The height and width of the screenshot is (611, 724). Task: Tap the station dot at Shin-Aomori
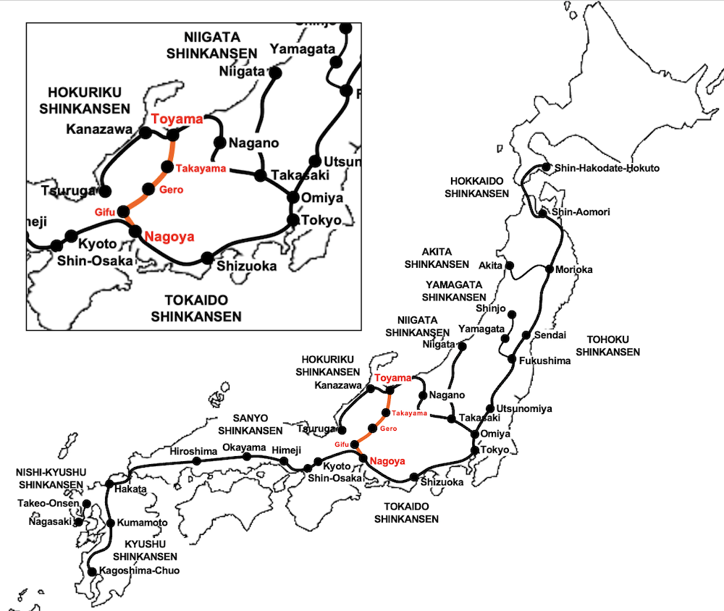click(542, 213)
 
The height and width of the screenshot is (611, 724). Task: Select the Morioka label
click(574, 269)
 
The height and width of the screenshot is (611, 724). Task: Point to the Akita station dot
click(510, 266)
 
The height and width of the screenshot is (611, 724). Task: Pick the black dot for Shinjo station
click(512, 314)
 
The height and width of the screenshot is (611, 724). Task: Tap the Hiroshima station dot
click(196, 461)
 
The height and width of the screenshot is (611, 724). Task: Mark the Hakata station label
click(130, 489)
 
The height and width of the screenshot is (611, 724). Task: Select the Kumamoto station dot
click(111, 523)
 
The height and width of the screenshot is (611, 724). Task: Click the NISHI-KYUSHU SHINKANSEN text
click(51, 478)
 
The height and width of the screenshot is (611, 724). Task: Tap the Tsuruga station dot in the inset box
click(104, 191)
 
